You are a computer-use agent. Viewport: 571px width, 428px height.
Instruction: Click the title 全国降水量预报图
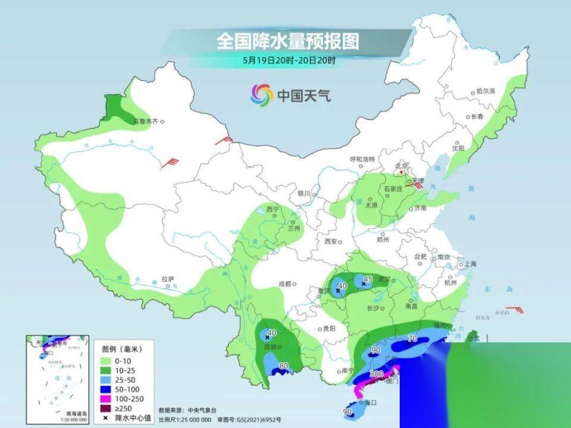[288, 41]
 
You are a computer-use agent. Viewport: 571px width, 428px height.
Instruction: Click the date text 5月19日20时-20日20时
[289, 60]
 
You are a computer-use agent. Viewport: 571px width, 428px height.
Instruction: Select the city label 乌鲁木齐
[146, 121]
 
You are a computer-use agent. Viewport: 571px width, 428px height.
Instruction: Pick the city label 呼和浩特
[362, 159]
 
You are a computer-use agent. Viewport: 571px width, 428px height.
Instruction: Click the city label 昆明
[271, 346]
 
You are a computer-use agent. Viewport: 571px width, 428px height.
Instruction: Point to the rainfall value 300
[376, 374]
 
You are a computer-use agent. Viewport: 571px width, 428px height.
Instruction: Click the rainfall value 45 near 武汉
[368, 279]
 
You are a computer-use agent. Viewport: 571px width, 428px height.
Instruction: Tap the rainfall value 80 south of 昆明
[284, 366]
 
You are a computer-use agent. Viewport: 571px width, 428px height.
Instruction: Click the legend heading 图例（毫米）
[119, 349]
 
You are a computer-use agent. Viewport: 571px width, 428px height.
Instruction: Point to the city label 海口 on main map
[369, 402]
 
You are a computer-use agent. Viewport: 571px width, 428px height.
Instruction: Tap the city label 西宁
[272, 210]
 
